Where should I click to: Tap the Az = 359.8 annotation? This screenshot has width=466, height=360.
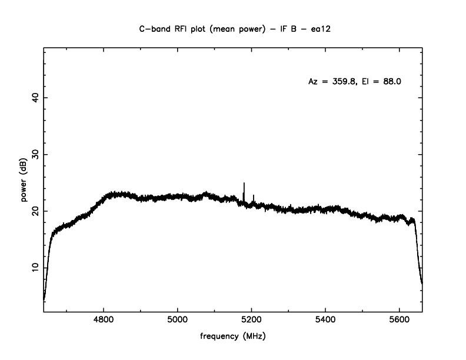tap(331, 82)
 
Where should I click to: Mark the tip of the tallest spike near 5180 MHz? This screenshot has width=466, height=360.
tap(244, 184)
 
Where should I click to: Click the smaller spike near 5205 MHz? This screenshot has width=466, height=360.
tap(254, 195)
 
